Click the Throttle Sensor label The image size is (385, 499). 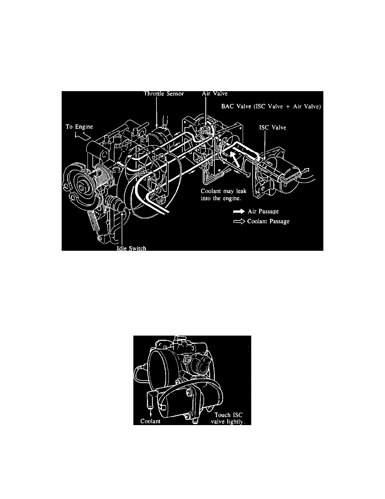click(164, 94)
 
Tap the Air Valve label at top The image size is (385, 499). click(215, 94)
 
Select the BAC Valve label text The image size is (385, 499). click(271, 106)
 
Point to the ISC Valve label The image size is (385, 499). click(273, 128)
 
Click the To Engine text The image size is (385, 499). click(79, 127)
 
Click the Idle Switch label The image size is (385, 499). click(132, 248)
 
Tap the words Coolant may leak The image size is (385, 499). click(224, 191)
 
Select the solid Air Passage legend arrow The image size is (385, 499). click(239, 211)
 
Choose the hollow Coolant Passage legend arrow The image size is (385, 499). click(239, 221)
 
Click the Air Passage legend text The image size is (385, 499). click(263, 211)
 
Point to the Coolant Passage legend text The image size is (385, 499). click(268, 221)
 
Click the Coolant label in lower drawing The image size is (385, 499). click(150, 421)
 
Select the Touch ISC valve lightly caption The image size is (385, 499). click(228, 418)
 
